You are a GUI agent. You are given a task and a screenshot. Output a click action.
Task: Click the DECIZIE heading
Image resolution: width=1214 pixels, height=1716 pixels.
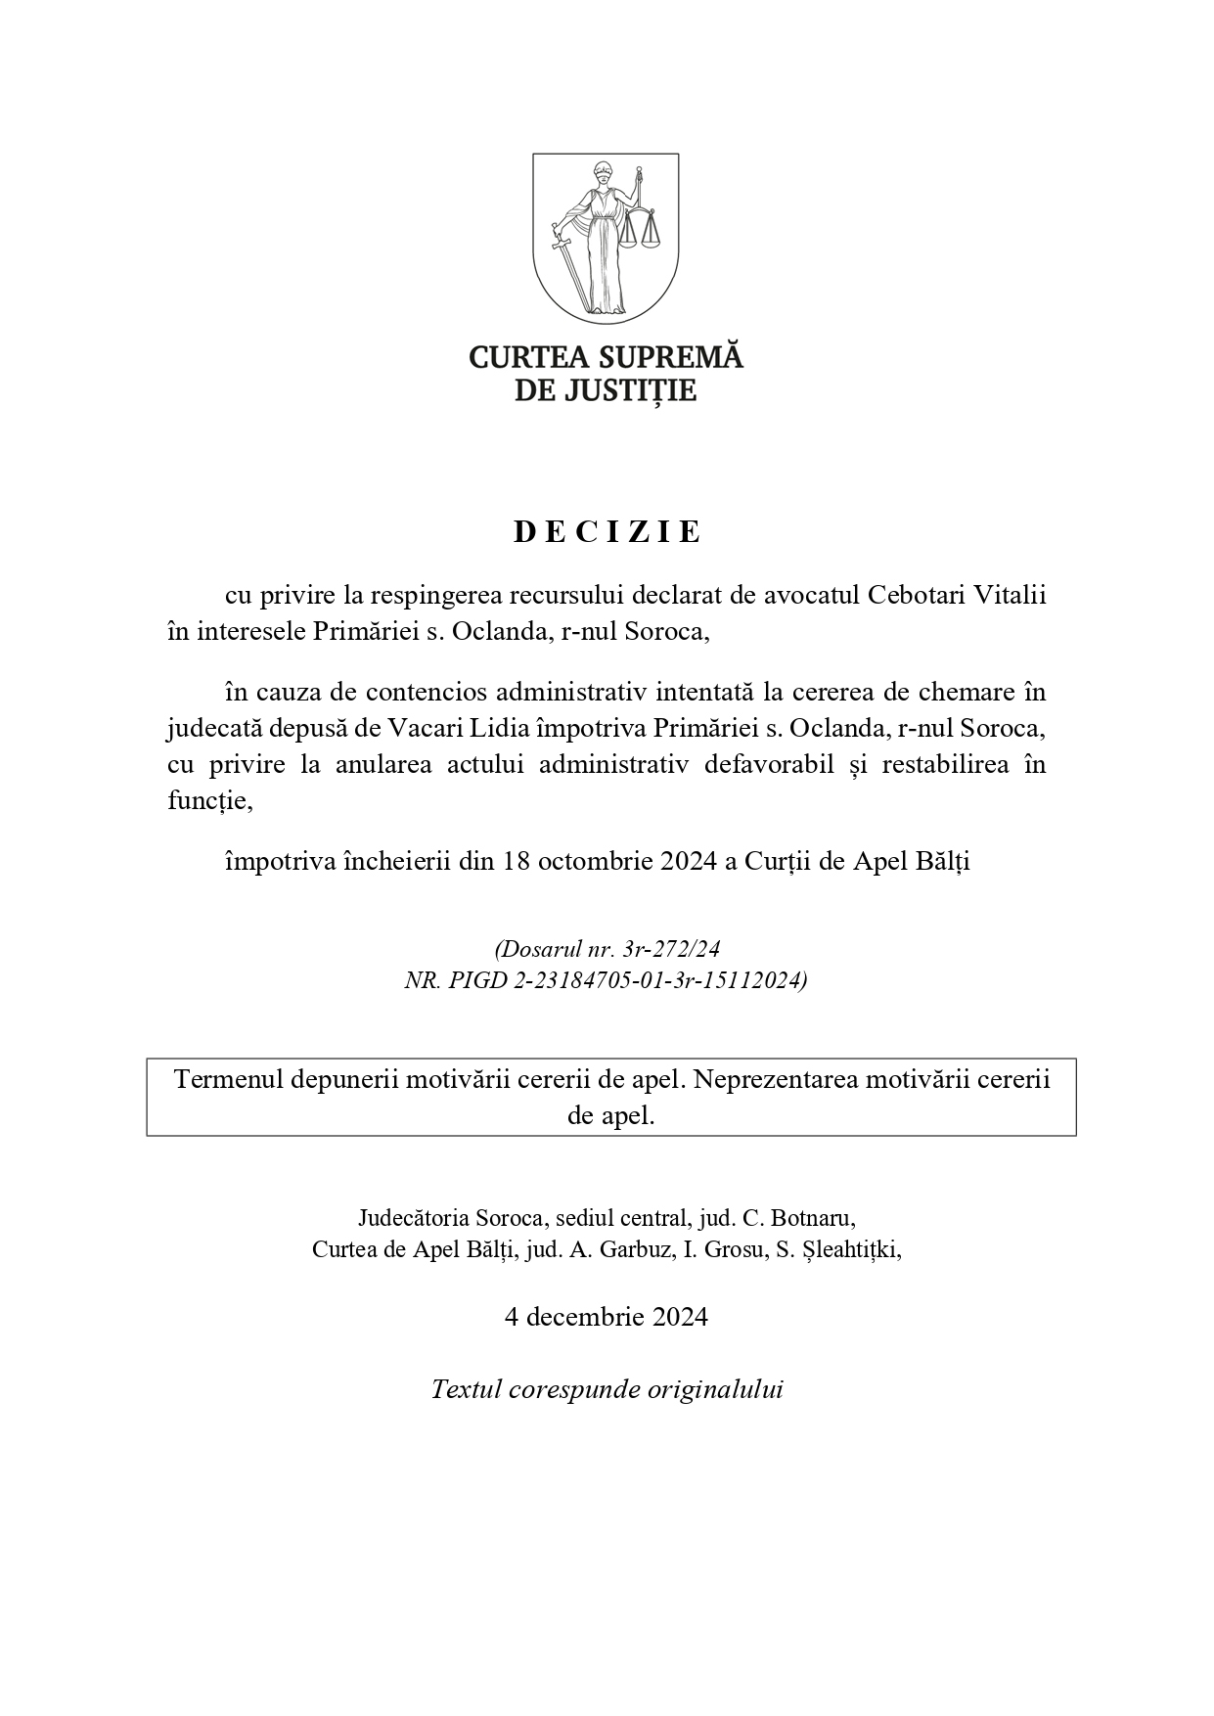coord(607,531)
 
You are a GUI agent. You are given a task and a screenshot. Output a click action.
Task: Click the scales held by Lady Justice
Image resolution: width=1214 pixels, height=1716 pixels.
coord(642,231)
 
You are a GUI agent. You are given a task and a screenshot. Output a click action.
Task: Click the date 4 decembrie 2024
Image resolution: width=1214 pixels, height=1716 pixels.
coord(607,1317)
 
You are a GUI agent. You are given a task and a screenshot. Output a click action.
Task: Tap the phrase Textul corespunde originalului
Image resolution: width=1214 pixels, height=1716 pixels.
coord(607,1389)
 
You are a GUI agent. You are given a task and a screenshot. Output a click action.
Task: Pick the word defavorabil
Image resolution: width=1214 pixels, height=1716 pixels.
coord(764,764)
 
